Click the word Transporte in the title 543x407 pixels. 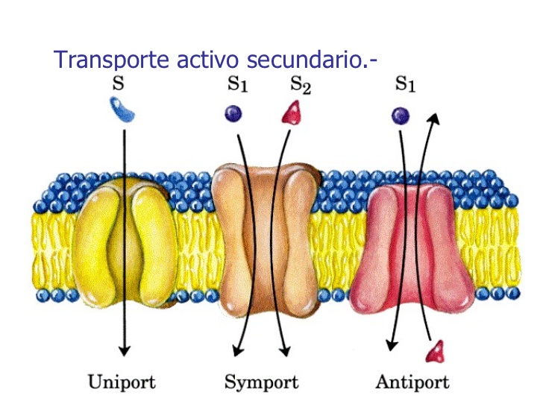(112, 60)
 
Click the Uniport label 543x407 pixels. (122, 382)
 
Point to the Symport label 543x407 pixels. (261, 382)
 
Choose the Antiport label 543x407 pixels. (412, 382)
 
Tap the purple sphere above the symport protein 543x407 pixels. (234, 113)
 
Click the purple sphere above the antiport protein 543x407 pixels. (401, 115)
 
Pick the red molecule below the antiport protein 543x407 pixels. (435, 349)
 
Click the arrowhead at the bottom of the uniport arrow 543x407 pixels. (125, 350)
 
